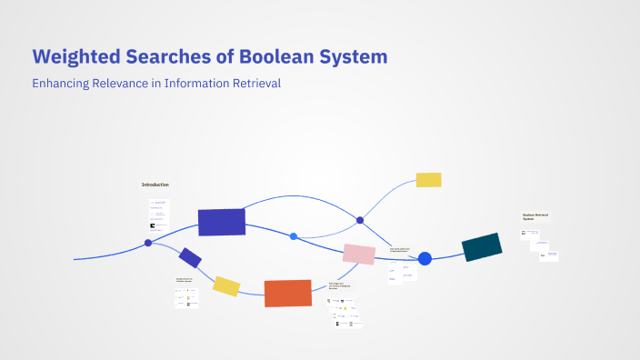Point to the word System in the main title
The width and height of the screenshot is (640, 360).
(x=356, y=56)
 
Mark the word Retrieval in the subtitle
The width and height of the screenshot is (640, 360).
(x=259, y=84)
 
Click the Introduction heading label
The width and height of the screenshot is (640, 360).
(x=155, y=185)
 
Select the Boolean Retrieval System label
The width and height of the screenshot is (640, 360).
(x=535, y=216)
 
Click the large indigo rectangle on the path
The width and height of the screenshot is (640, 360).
(x=222, y=222)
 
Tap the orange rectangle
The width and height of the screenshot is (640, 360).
(x=288, y=293)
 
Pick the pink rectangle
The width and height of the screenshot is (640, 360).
(x=359, y=255)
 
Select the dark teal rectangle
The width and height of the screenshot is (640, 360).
(x=482, y=247)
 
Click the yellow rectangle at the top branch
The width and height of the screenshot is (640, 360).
(x=428, y=180)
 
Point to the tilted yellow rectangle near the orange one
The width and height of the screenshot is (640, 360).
(x=226, y=286)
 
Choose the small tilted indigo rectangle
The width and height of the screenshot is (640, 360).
(x=190, y=257)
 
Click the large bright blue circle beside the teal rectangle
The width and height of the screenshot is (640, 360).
(x=425, y=259)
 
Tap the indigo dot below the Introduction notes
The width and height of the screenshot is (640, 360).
(x=148, y=243)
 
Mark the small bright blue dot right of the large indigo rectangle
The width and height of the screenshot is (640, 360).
(x=294, y=236)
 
